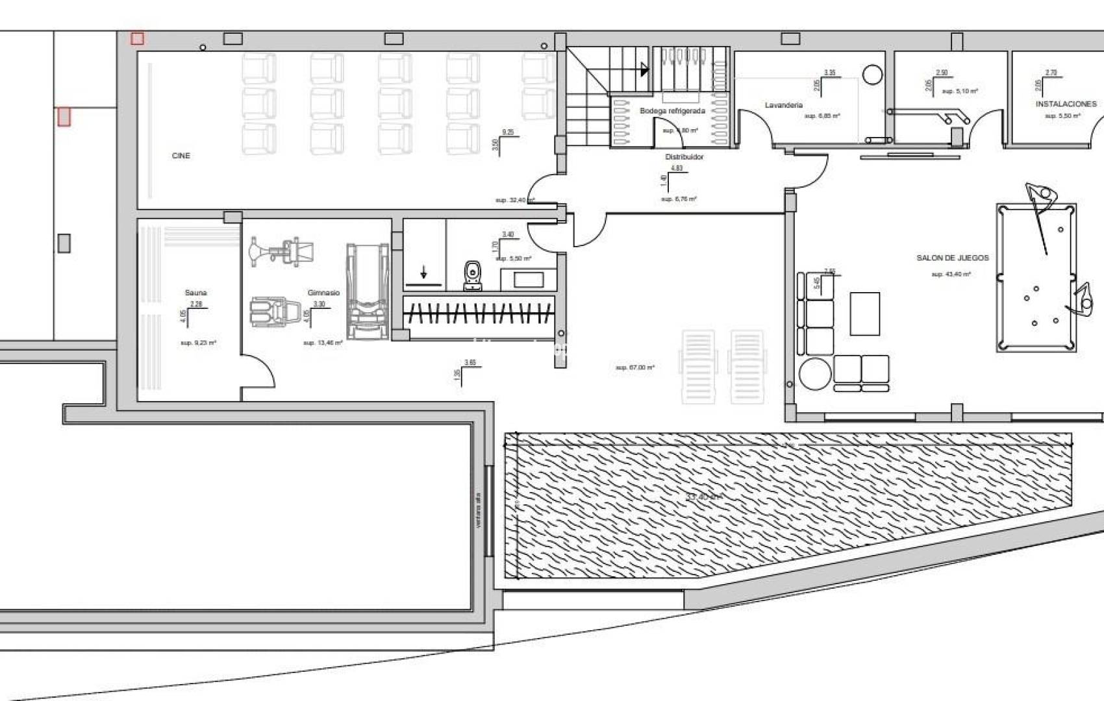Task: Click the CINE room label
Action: coord(181,156)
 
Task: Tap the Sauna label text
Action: coord(195,293)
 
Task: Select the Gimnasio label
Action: coord(323,293)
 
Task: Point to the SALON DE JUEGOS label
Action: coord(952,258)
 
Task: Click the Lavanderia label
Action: coord(783,105)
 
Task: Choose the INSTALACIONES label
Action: coord(1066,104)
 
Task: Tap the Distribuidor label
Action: coord(684,157)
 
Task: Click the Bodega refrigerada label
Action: coord(672,111)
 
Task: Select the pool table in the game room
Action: coord(1036,277)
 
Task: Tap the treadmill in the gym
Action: coord(368,292)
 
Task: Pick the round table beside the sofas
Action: coord(814,375)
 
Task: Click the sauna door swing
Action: coord(260,373)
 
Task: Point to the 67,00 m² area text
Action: coord(634,368)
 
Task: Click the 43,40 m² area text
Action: coord(951,275)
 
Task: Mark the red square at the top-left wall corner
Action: coord(136,39)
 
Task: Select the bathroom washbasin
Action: coord(529,280)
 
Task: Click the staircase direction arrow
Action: coord(644,69)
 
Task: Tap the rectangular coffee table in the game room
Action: coord(864,314)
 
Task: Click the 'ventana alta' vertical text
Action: coord(478,510)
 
